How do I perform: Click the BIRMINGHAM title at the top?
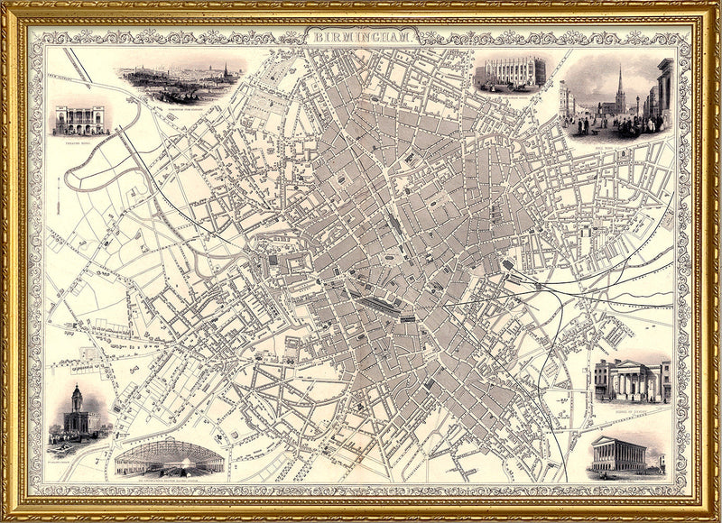[366, 39]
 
